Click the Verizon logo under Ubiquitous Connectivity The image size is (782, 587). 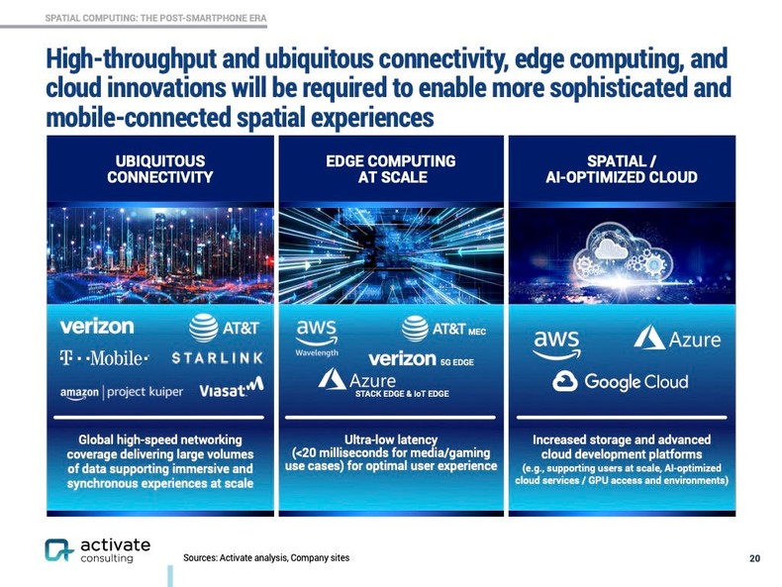[x=96, y=326]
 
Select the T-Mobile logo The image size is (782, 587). [x=104, y=357]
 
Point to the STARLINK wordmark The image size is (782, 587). [x=217, y=357]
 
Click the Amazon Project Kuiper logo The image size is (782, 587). [x=121, y=392]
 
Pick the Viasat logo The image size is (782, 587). [x=231, y=389]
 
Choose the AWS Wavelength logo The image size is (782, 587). [x=317, y=338]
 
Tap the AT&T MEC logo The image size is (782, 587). [x=442, y=329]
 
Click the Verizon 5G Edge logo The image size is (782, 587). [x=421, y=358]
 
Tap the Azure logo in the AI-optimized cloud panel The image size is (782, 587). [x=678, y=340]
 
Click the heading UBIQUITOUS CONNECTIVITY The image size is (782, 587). [x=159, y=169]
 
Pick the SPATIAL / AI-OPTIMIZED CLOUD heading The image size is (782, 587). [x=621, y=169]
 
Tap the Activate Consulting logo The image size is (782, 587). [x=97, y=550]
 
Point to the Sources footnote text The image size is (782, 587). [x=266, y=558]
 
